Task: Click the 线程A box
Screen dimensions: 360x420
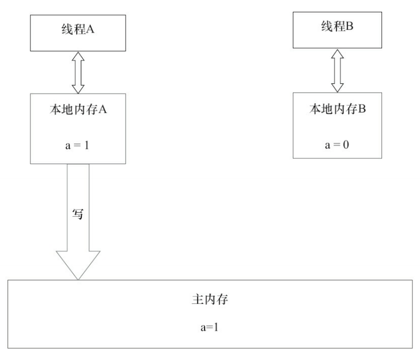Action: pyautogui.click(x=78, y=30)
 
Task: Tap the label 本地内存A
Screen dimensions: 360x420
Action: pyautogui.click(x=78, y=109)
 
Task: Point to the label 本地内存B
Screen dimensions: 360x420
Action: pyautogui.click(x=338, y=109)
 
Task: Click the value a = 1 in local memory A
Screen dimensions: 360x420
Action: pyautogui.click(x=78, y=145)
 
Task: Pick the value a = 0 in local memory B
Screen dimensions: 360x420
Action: pyautogui.click(x=338, y=145)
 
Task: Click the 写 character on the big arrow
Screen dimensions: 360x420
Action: pyautogui.click(x=77, y=212)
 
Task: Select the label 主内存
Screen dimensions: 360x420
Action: pyautogui.click(x=210, y=300)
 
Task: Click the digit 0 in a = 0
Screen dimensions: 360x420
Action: pyautogui.click(x=347, y=145)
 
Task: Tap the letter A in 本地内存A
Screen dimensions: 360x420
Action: pyautogui.click(x=105, y=109)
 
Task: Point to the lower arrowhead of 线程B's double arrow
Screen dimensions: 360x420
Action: pyautogui.click(x=337, y=87)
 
